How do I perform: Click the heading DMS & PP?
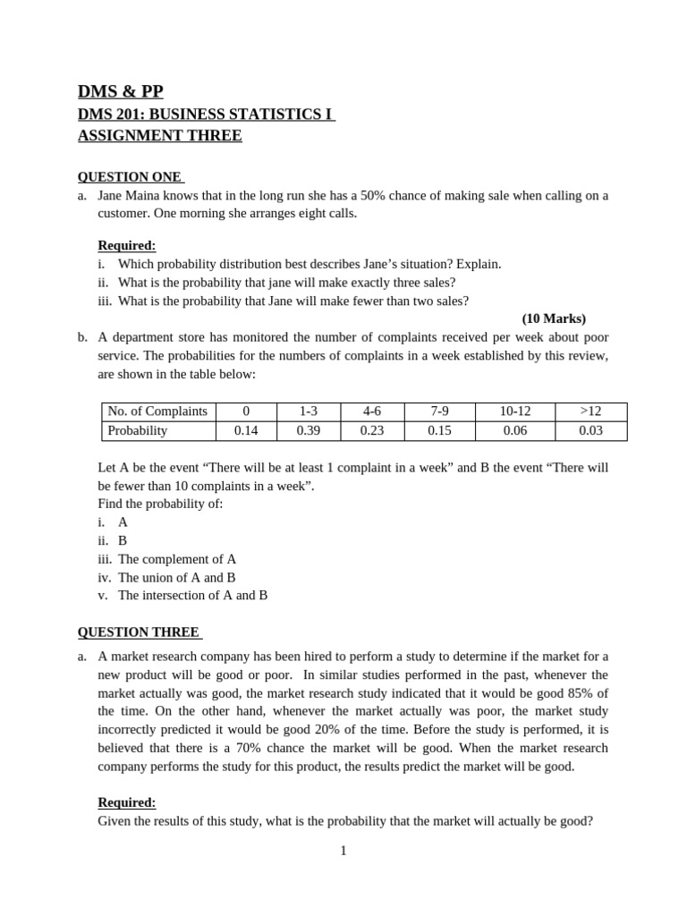(121, 91)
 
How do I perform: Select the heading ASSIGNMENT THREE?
(159, 136)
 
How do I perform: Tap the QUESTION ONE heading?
(131, 177)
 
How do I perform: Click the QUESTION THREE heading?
(140, 632)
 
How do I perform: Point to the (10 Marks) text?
(554, 318)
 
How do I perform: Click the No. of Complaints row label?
(157, 411)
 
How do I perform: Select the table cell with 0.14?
(246, 430)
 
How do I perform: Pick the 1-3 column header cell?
(309, 411)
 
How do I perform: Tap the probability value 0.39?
(309, 430)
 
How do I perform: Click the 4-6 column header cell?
(372, 411)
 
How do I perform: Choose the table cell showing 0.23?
(372, 430)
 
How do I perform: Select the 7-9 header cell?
(439, 411)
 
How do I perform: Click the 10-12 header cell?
(514, 411)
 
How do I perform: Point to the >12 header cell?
(590, 411)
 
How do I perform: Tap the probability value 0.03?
(590, 430)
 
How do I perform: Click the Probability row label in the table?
(138, 430)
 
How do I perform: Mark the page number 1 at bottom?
(343, 851)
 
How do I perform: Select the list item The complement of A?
(177, 559)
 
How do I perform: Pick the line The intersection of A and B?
(192, 595)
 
